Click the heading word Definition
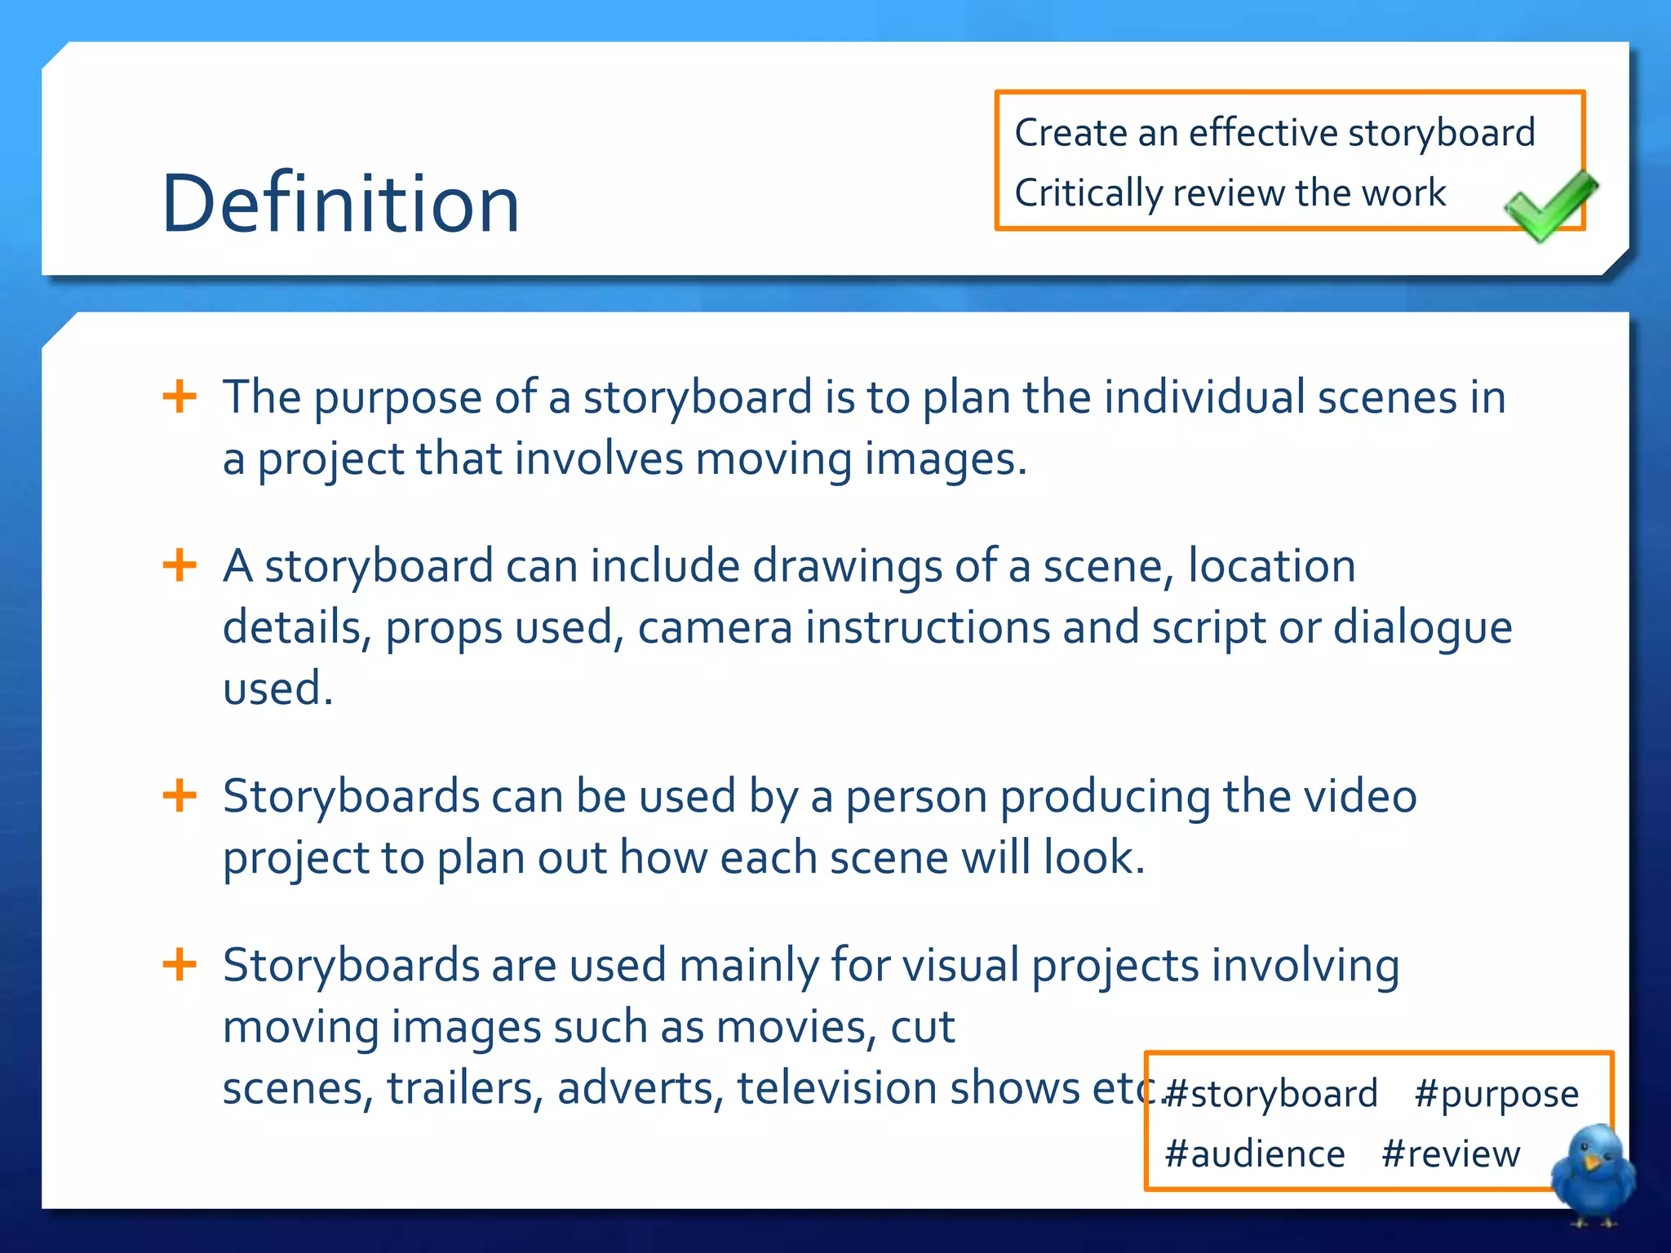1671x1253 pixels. [340, 203]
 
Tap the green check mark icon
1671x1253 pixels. [1549, 206]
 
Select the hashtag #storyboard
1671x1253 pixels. [1270, 1094]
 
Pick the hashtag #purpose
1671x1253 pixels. [1496, 1094]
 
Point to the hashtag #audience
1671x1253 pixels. [1254, 1154]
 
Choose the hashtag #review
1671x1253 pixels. [1451, 1154]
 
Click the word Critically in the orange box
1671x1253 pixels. [1088, 193]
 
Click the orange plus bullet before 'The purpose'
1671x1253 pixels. [180, 397]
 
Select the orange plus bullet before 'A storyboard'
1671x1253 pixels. [180, 565]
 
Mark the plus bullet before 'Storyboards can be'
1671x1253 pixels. [180, 795]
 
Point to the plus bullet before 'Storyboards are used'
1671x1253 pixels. [180, 965]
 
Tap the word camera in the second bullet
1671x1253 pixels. [715, 628]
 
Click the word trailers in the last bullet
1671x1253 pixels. [465, 1088]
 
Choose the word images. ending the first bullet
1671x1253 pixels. [945, 459]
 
